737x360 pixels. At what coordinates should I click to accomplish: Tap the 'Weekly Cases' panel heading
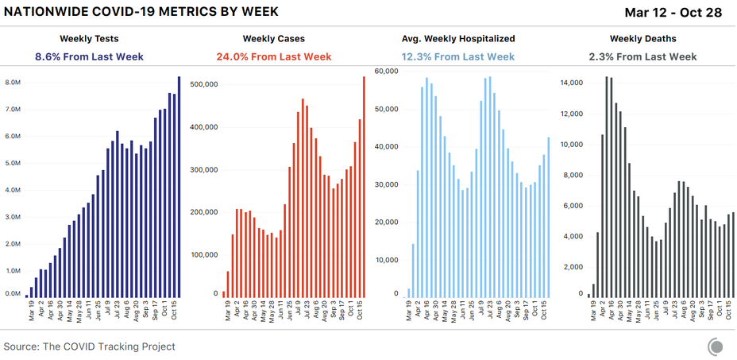pyautogui.click(x=274, y=38)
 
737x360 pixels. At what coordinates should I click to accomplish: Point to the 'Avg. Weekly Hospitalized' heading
pyautogui.click(x=458, y=38)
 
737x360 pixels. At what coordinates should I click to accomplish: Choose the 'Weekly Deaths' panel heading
pyautogui.click(x=642, y=38)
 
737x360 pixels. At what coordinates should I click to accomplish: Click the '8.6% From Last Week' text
pyautogui.click(x=89, y=56)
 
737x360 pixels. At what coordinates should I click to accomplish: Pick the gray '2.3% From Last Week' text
pyautogui.click(x=642, y=56)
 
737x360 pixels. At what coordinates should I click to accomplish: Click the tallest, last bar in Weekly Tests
pyautogui.click(x=179, y=187)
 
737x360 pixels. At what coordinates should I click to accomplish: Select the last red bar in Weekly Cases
pyautogui.click(x=364, y=187)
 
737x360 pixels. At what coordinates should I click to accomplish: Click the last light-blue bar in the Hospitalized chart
pyautogui.click(x=548, y=218)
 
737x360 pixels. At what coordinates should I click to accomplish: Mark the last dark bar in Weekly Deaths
pyautogui.click(x=733, y=255)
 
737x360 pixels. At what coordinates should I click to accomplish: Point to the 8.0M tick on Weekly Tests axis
pyautogui.click(x=13, y=83)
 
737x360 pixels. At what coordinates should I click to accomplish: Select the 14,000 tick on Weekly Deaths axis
pyautogui.click(x=572, y=83)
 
